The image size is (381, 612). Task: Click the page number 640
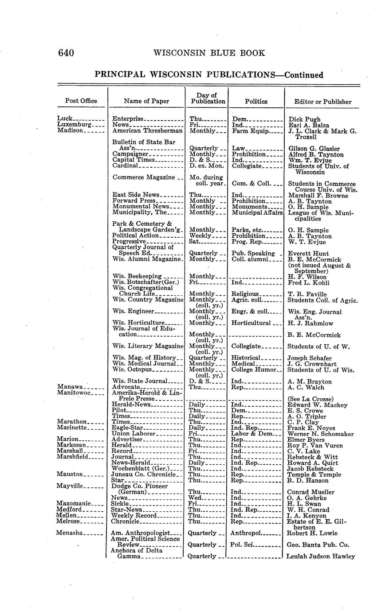tap(66, 53)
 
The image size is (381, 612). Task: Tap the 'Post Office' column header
tap(81, 101)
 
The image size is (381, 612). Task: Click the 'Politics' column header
tap(256, 101)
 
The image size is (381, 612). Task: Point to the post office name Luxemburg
tap(74, 125)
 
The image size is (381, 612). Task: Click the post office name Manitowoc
tap(74, 393)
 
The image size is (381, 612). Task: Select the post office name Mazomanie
tap(74, 503)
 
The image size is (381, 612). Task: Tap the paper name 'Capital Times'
tap(134, 160)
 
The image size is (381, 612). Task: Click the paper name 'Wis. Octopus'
tap(132, 369)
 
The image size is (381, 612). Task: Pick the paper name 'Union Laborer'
tap(134, 434)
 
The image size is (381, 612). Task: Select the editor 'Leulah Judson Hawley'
tap(321, 556)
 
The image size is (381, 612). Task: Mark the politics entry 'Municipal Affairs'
tap(257, 212)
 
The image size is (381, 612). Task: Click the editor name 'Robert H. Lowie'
tap(312, 533)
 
